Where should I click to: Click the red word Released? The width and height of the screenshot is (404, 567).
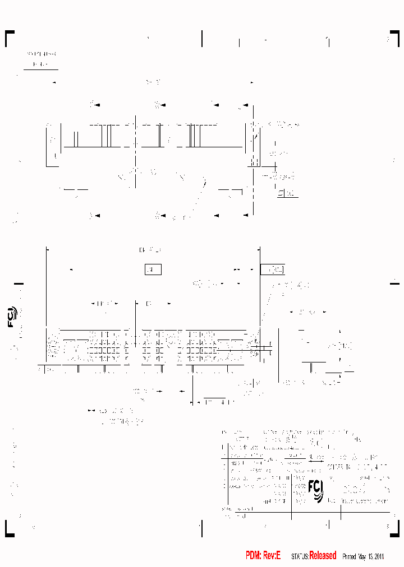(323, 555)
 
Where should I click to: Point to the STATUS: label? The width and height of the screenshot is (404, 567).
(300, 556)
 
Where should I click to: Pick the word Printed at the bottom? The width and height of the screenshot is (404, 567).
(349, 556)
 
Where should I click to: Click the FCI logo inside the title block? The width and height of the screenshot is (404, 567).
(316, 490)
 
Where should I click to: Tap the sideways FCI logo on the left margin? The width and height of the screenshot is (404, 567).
(12, 318)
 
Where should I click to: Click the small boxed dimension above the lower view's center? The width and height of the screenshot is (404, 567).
(153, 269)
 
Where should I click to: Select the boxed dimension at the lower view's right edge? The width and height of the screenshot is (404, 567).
(273, 269)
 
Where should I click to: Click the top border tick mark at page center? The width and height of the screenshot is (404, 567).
(202, 38)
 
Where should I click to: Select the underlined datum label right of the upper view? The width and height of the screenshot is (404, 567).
(287, 194)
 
